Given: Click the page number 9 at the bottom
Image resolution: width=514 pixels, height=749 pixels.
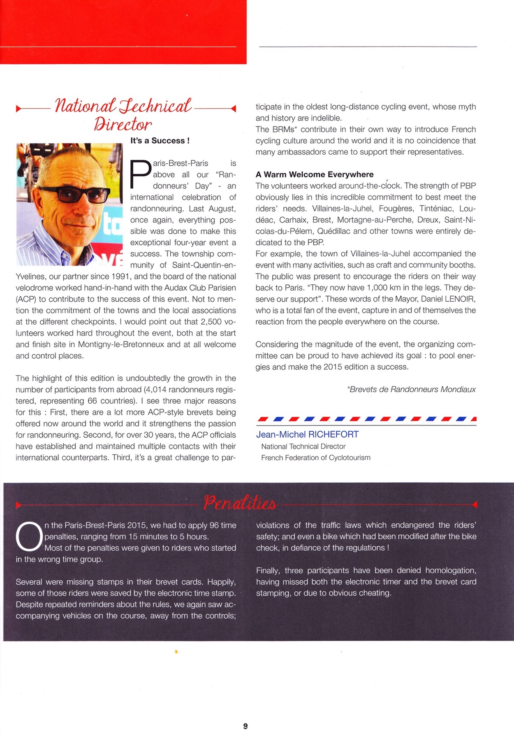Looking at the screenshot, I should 245,726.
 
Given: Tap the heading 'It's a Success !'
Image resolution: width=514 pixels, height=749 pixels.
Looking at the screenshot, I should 160,141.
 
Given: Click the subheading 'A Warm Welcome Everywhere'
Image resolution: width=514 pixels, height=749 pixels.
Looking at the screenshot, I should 315,174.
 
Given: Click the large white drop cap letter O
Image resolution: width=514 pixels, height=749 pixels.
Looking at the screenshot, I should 28,537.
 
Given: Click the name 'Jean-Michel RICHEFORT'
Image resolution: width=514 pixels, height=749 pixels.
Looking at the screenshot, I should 307,435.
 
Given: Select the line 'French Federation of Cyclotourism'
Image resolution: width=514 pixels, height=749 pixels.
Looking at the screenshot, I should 315,458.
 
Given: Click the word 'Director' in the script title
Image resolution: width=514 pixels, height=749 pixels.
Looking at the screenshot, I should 123,124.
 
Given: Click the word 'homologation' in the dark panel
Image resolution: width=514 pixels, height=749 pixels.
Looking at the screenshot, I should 450,571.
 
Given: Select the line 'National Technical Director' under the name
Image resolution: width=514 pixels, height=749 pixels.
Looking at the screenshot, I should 303,447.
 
